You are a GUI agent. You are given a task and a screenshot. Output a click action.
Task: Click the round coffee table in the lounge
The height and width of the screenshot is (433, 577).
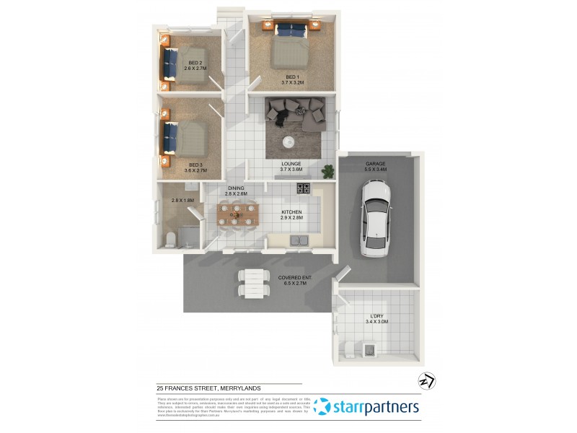[288, 141]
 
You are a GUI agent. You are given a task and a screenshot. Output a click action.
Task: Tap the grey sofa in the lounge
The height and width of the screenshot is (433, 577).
[296, 110]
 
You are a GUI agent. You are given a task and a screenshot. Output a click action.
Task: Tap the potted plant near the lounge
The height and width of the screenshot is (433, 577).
[329, 172]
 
